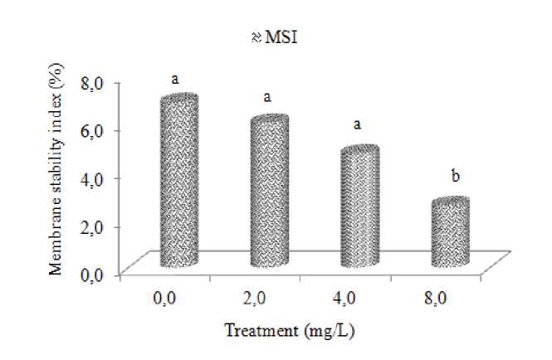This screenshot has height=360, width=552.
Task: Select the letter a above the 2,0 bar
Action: coord(267,97)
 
